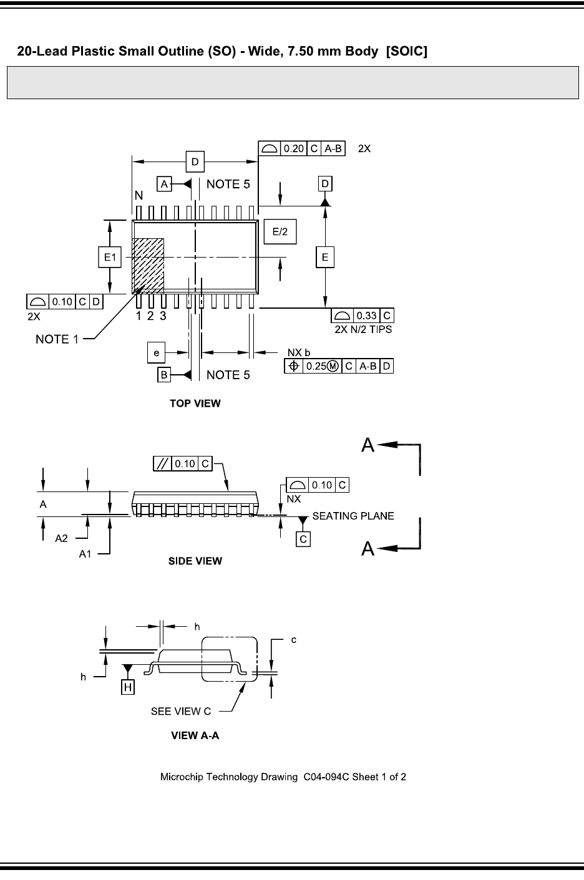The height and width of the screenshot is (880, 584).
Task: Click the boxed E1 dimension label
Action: pyautogui.click(x=110, y=257)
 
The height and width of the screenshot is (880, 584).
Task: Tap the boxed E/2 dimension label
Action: pyautogui.click(x=280, y=231)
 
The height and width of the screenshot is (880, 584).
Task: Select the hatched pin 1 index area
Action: pyautogui.click(x=148, y=266)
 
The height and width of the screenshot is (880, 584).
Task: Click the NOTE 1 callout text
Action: pyautogui.click(x=57, y=339)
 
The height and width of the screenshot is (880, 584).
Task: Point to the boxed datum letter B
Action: pyautogui.click(x=164, y=375)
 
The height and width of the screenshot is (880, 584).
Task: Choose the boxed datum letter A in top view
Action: pyautogui.click(x=164, y=184)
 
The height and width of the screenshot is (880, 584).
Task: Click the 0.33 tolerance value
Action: pyautogui.click(x=366, y=316)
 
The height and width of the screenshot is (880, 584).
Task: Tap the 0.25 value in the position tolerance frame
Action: pyautogui.click(x=316, y=366)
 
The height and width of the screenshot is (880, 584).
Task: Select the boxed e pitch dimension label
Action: pyautogui.click(x=156, y=352)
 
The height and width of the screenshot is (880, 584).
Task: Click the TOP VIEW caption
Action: pyautogui.click(x=195, y=404)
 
